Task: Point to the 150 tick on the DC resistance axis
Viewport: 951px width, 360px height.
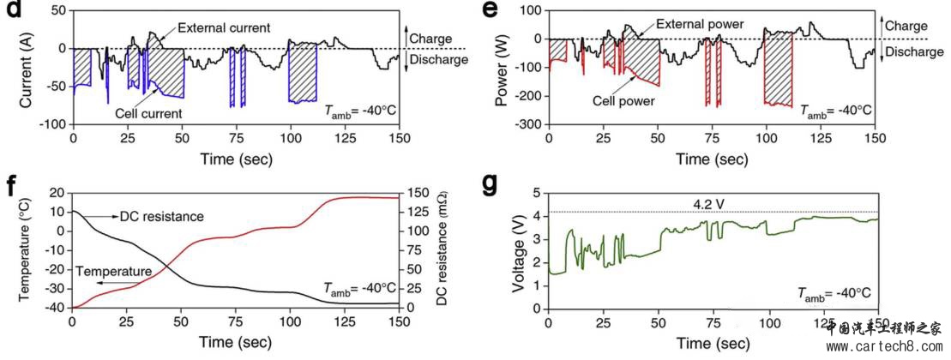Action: pyautogui.click(x=419, y=194)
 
